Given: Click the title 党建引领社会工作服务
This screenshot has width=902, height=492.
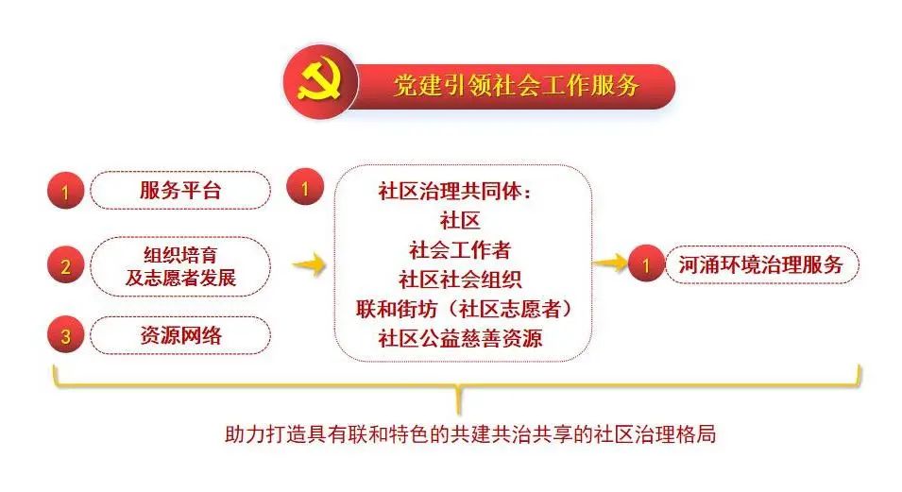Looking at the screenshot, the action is pos(516,85).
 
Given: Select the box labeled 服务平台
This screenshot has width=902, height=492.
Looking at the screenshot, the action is pos(180,190).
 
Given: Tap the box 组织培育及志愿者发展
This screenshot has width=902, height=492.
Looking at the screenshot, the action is pos(180,266).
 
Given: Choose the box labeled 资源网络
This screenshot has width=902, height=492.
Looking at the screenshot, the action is pos(180,335).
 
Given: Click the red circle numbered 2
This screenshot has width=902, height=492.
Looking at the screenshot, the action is pos(65,265).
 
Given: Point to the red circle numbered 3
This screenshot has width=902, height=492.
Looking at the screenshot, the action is pos(65,335).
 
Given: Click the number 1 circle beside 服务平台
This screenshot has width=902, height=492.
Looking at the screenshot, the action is pos(65,191).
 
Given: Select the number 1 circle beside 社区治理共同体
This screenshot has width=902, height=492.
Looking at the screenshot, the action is pos(305,187).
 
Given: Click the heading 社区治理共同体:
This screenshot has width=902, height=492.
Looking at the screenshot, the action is pos(455,191).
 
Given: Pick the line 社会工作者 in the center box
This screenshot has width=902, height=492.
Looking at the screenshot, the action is pos(460,250).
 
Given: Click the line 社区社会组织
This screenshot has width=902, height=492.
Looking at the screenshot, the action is pos(460,280).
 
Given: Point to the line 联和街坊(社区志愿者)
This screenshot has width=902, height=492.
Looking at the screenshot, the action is pos(464,309).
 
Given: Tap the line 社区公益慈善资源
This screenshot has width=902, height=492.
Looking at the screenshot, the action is pos(460,338).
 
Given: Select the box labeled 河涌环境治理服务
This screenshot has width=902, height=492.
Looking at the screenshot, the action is pos(761,264).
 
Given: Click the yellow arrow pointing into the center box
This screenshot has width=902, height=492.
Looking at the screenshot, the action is pos(310,264).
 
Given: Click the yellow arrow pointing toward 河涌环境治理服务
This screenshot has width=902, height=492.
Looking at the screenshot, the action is pos(610,263).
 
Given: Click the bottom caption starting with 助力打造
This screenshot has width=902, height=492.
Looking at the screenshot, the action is pos(470,433).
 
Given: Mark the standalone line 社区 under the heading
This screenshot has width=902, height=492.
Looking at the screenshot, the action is pos(460,220).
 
